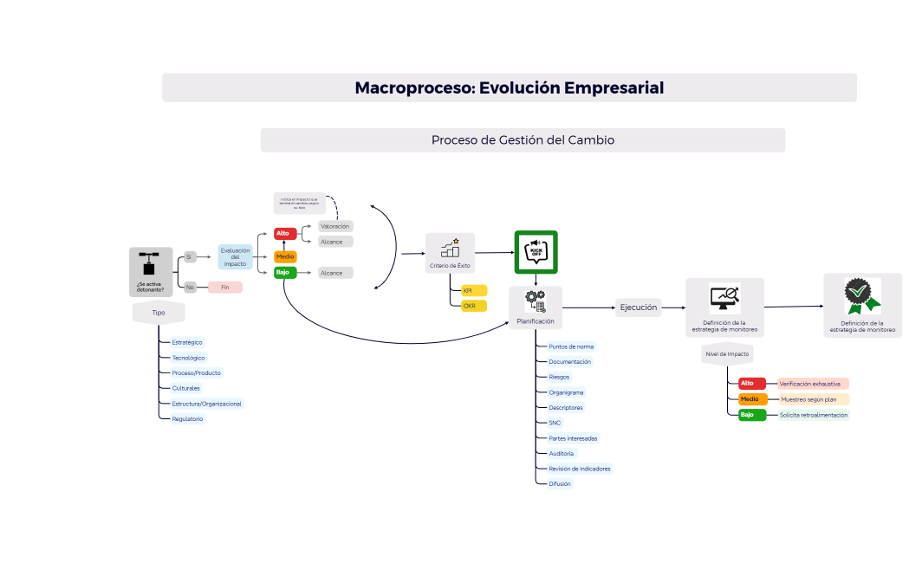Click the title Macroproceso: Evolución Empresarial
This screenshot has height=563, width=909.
[510, 87]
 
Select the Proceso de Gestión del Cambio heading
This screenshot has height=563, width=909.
[523, 140]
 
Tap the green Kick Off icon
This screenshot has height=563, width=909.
[536, 252]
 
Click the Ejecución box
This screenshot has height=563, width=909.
[639, 307]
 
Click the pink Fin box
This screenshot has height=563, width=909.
[224, 287]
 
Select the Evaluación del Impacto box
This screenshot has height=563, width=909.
[235, 256]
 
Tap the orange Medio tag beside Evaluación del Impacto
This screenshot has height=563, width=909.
[285, 256]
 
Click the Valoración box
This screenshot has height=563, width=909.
[335, 226]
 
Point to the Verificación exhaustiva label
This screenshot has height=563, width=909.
[809, 383]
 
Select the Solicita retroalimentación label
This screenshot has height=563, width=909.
[813, 415]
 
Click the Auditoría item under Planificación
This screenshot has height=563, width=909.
[561, 453]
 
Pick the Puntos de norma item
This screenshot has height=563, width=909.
[571, 346]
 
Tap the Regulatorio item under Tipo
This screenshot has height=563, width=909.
[187, 418]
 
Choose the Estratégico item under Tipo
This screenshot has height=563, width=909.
[186, 342]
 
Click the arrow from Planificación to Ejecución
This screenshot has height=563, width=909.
[589, 307]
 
